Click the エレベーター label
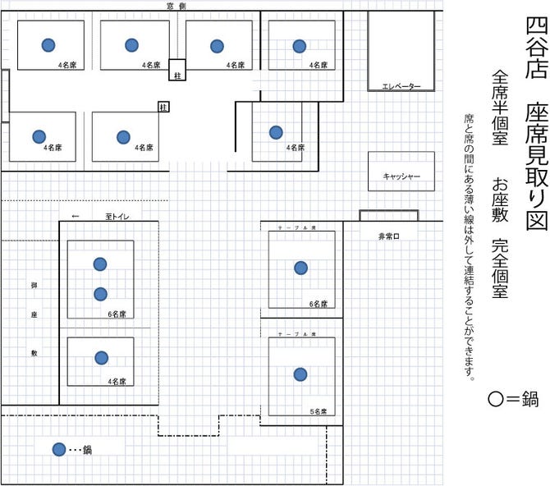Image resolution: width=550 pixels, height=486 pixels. coord(401,86)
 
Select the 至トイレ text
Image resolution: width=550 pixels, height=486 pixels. coord(117,217)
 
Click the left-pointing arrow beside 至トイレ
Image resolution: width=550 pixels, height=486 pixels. coord(76,217)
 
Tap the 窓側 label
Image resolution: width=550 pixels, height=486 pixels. coord(176,6)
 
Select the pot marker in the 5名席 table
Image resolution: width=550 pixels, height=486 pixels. coord(300,374)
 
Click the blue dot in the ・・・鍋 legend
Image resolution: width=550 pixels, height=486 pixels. coord(58,449)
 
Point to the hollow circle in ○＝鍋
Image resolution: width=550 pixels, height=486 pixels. coord(494,401)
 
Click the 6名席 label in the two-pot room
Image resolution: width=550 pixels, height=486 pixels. coord(117,314)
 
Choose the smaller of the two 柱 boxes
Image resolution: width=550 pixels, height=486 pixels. coord(163,106)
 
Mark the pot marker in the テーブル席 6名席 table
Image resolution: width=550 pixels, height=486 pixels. coord(300,268)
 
